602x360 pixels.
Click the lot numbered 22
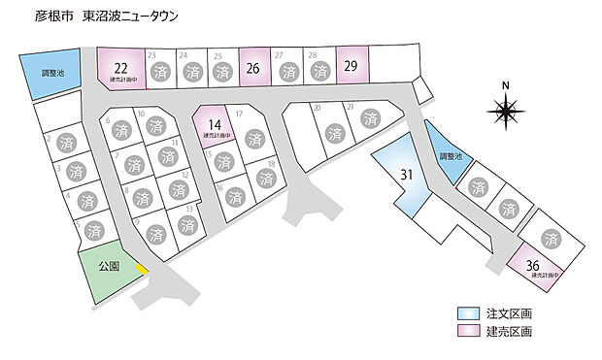pos(120,70)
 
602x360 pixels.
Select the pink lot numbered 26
pos(252,69)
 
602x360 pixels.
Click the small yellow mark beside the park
pos(142,268)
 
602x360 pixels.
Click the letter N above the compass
pos(505,85)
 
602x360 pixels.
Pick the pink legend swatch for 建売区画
pos(467,332)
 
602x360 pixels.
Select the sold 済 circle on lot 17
pos(253,139)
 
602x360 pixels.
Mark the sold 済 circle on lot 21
pos(370,119)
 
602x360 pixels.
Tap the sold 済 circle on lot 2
pos(64,142)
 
